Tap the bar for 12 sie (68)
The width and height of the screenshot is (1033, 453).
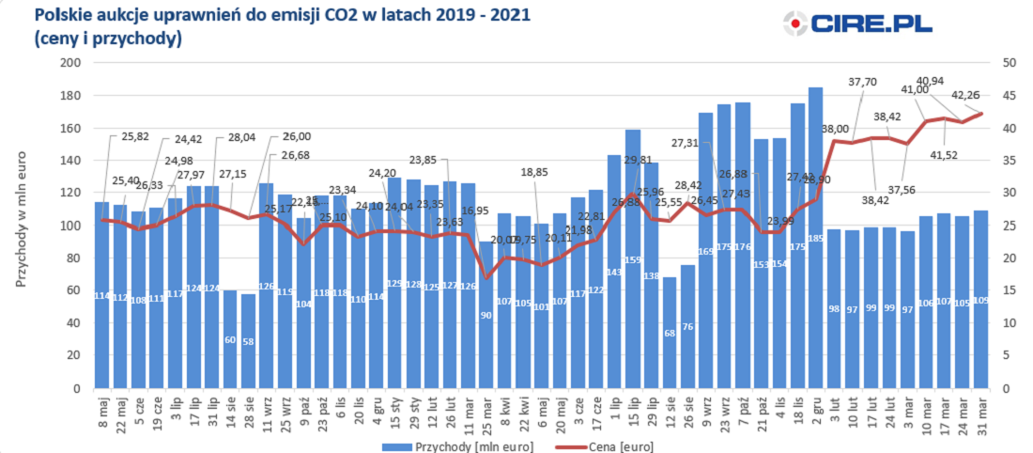tap(669, 333)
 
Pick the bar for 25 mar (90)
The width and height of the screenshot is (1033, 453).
tap(486, 315)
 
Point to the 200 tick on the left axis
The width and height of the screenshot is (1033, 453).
tap(71, 63)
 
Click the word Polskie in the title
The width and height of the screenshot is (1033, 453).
tap(62, 15)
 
